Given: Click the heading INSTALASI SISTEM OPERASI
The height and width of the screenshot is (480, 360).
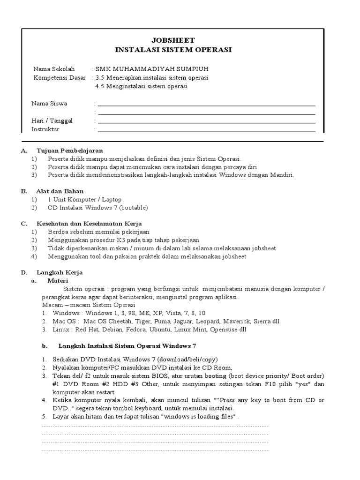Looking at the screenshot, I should pos(173,50).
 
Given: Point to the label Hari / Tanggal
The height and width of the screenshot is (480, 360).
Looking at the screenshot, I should pos(52,120).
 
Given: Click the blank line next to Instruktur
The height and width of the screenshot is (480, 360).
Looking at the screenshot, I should pos(206,131).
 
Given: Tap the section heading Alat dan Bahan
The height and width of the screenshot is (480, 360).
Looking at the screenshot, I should pos(60,191).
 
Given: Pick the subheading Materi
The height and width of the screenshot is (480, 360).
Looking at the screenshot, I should pos(58,281).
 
